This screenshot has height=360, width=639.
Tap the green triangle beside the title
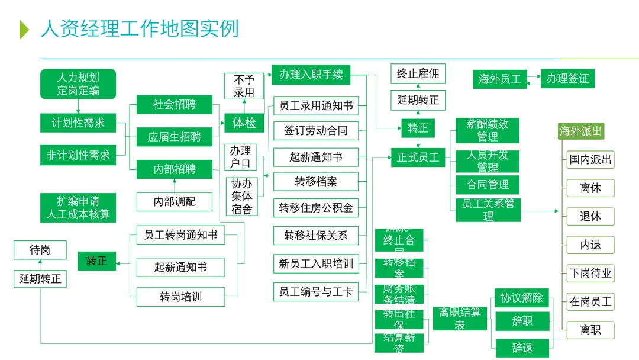(x=24, y=29)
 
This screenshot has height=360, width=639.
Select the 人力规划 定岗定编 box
(x=78, y=84)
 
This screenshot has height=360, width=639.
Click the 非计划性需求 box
(x=78, y=155)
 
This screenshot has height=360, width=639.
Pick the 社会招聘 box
(x=174, y=105)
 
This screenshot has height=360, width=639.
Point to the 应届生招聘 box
(x=174, y=137)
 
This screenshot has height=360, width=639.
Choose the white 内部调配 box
(x=174, y=202)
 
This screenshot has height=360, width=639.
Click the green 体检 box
(x=244, y=123)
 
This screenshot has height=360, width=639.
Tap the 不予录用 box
(x=244, y=86)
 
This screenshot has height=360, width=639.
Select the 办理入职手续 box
(x=311, y=75)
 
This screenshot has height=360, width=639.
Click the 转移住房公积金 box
(x=316, y=208)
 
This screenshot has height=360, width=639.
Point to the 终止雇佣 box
(x=418, y=74)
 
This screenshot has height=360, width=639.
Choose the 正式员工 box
(x=418, y=157)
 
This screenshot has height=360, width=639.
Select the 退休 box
(x=590, y=216)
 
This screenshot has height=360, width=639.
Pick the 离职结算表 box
(x=460, y=319)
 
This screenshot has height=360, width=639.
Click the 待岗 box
(x=40, y=250)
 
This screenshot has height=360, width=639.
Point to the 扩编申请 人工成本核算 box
(x=78, y=208)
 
